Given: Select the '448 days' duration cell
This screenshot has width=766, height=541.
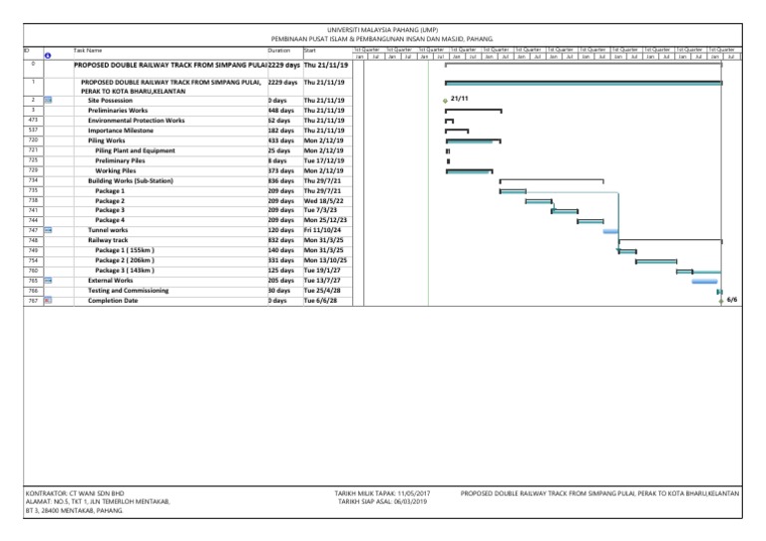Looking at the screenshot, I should pyautogui.click(x=280, y=111).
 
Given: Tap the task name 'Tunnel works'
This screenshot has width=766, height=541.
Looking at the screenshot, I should pyautogui.click(x=109, y=230).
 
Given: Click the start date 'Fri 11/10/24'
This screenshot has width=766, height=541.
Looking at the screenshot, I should pyautogui.click(x=323, y=230).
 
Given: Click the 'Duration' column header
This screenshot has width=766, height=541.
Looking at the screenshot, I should pyautogui.click(x=279, y=49).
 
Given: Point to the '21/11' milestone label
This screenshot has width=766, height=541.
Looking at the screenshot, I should pyautogui.click(x=460, y=100).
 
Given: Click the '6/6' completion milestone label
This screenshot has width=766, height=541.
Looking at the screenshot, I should pyautogui.click(x=732, y=299).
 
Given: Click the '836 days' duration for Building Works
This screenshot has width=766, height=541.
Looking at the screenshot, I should pyautogui.click(x=280, y=180).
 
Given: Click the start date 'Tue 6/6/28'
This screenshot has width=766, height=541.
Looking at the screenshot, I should pyautogui.click(x=320, y=300).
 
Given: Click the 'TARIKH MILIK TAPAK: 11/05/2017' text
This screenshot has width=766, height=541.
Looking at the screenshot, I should pyautogui.click(x=384, y=492).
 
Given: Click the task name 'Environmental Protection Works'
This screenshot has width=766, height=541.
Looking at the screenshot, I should pyautogui.click(x=136, y=121).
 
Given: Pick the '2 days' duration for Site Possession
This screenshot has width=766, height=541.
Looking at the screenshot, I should pyautogui.click(x=278, y=101).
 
